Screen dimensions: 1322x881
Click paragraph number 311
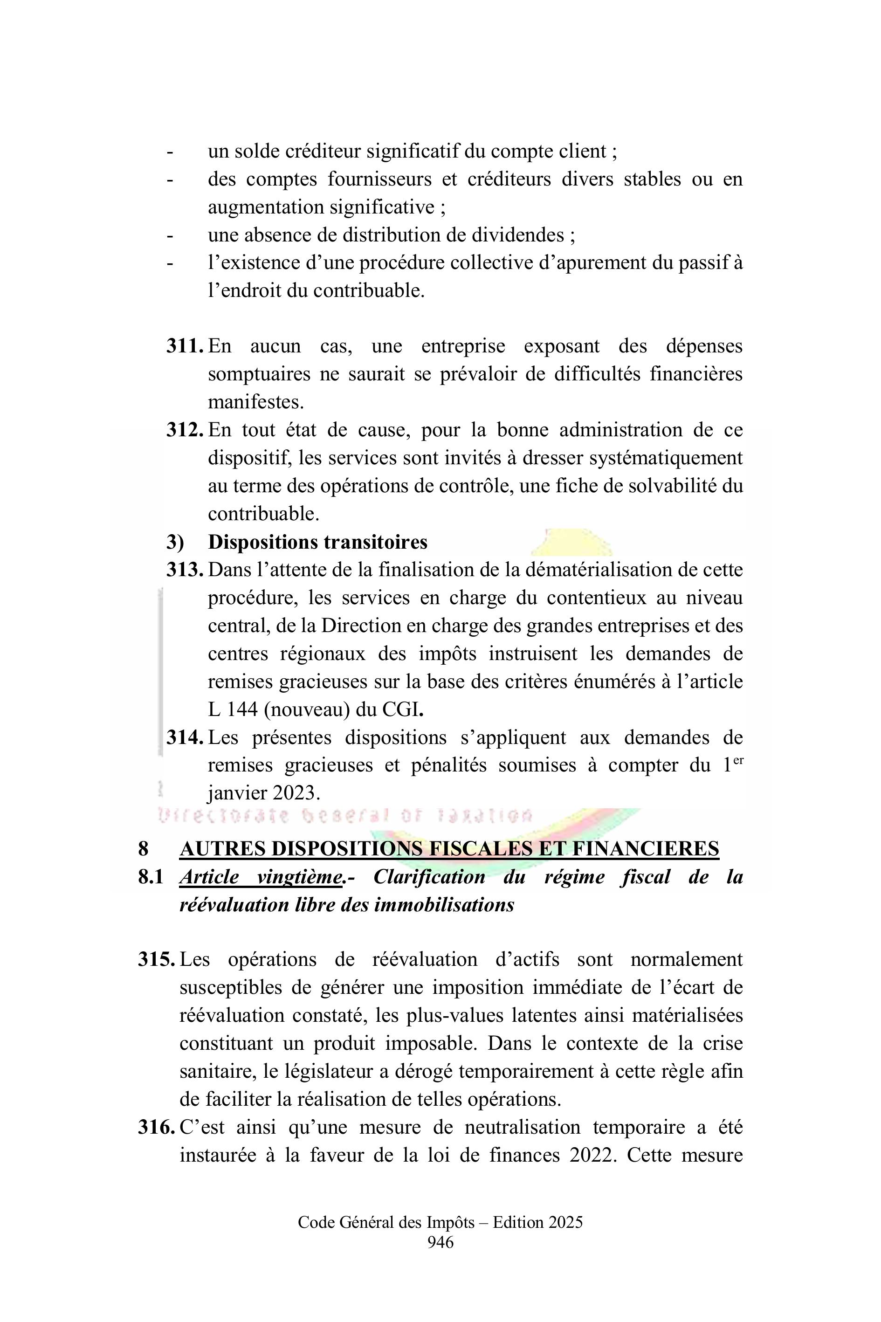tap(184, 346)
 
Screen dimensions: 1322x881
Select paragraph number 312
tap(184, 430)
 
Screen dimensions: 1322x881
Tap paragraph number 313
tap(184, 570)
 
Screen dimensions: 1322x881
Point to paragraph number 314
tap(184, 738)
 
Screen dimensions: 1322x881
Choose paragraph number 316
tap(156, 1128)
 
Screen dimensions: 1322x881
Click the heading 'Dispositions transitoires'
tap(317, 542)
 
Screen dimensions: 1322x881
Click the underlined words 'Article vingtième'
tap(260, 877)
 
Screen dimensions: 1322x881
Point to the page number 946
tap(440, 1243)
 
